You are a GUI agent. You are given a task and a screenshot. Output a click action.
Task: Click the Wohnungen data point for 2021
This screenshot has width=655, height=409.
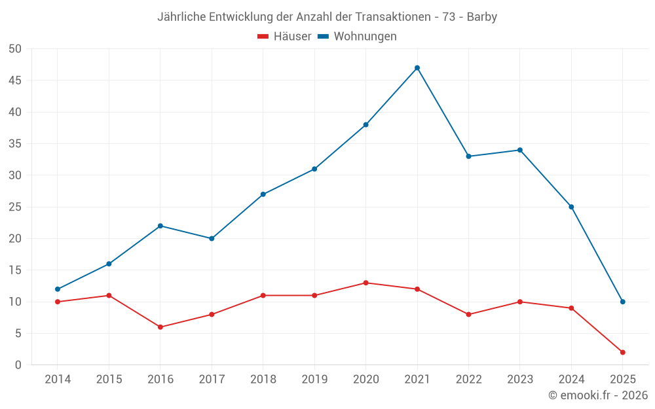pyautogui.click(x=417, y=68)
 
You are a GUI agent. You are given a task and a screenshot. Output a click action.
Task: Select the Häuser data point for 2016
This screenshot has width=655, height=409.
pyautogui.click(x=160, y=327)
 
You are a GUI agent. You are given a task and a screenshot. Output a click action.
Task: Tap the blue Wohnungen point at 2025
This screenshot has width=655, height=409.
pyautogui.click(x=622, y=302)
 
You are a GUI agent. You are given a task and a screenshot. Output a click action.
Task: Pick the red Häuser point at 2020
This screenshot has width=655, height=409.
pyautogui.click(x=365, y=283)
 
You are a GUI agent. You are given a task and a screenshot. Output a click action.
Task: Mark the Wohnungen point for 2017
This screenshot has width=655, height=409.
pyautogui.click(x=212, y=238)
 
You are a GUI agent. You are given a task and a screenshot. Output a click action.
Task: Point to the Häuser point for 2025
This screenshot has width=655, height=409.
pyautogui.click(x=622, y=352)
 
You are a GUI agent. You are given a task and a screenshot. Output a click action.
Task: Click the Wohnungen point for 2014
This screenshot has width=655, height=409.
pyautogui.click(x=58, y=289)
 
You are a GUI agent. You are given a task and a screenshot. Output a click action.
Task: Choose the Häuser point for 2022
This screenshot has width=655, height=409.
pyautogui.click(x=468, y=314)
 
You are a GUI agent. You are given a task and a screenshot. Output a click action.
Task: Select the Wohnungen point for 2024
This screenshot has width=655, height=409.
pyautogui.click(x=571, y=207)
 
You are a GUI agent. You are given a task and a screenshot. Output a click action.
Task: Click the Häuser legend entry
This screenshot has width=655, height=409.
pyautogui.click(x=284, y=37)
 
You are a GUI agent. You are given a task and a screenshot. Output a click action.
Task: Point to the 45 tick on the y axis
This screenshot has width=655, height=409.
pyautogui.click(x=15, y=80)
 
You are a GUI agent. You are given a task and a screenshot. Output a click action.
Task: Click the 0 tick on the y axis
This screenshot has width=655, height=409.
pyautogui.click(x=18, y=365)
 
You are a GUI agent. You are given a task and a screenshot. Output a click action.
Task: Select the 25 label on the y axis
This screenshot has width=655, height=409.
pyautogui.click(x=15, y=207)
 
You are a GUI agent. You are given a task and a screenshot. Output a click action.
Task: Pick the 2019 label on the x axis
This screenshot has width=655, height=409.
pyautogui.click(x=314, y=380)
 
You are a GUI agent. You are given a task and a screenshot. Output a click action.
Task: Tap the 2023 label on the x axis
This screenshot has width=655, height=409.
pyautogui.click(x=520, y=380)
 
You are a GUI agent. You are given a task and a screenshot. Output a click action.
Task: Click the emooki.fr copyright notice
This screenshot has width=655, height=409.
pyautogui.click(x=598, y=395)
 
